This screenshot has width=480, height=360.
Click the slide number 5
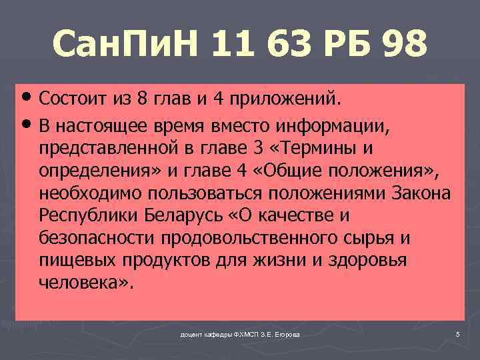pos(457,333)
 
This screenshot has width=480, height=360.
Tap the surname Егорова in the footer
pos(286,333)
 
